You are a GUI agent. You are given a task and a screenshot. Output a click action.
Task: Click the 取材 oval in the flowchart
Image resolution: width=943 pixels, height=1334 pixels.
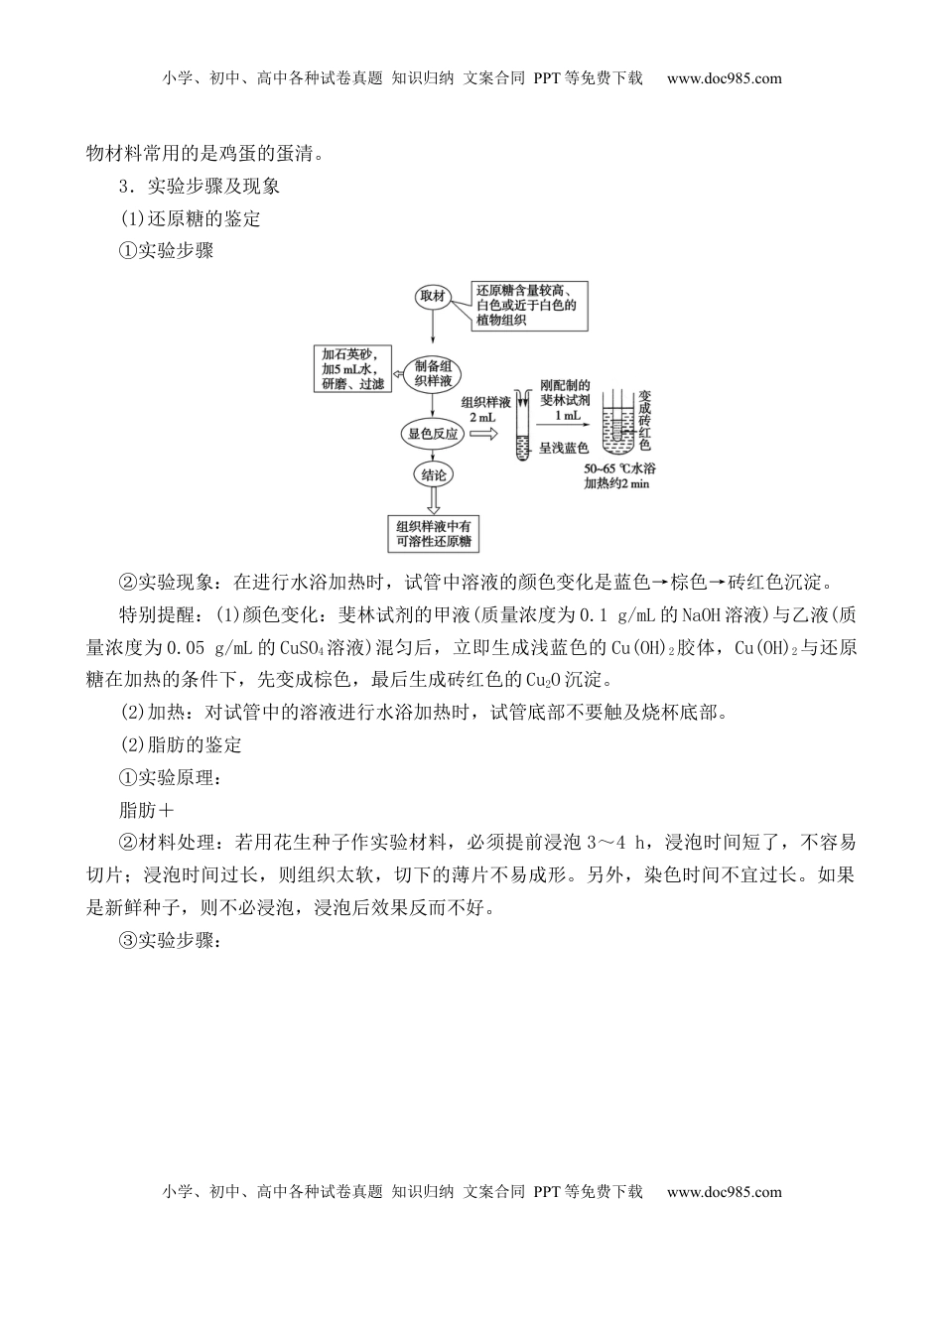click(x=434, y=297)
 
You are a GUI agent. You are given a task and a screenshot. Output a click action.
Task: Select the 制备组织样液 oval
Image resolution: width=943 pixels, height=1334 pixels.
click(x=434, y=373)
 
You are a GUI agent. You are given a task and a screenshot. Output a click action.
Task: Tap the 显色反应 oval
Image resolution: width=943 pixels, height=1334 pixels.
click(x=434, y=433)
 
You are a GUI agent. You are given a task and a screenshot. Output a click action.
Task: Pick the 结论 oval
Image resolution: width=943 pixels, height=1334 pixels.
click(x=434, y=474)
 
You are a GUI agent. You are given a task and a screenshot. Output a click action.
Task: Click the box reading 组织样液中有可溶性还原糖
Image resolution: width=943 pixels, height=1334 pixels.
click(x=434, y=534)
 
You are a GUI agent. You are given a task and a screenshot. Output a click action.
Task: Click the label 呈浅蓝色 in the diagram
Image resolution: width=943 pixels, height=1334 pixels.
click(x=564, y=449)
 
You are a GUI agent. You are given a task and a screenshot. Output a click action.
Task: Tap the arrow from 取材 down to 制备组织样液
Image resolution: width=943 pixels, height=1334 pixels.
click(x=434, y=333)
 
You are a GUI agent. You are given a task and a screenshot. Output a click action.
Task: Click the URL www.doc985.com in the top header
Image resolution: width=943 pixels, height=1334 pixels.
click(x=724, y=78)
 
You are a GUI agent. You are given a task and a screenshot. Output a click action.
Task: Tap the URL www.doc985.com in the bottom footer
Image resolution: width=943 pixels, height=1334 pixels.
click(x=724, y=1192)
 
